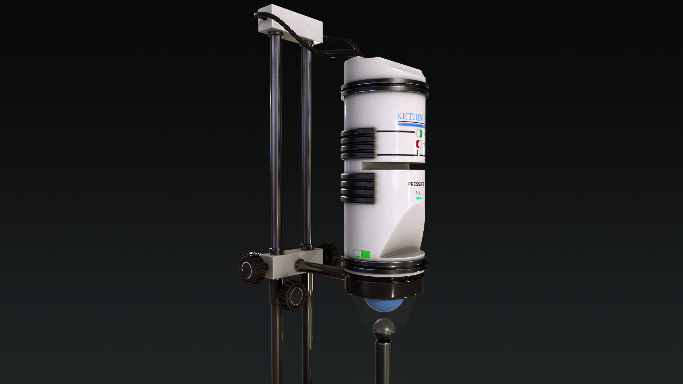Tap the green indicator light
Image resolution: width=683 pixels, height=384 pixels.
click(419, 134)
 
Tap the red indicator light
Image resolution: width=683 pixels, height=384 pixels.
click(419, 144)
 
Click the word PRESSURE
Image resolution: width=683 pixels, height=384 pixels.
click(415, 184)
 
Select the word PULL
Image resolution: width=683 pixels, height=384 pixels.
click(419, 193)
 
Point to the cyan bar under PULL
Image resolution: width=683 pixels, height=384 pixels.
click(419, 198)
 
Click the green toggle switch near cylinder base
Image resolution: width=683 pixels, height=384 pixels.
click(361, 254)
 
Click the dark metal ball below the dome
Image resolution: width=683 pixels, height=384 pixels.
click(383, 329)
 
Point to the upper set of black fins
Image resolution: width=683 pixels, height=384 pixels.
click(358, 143)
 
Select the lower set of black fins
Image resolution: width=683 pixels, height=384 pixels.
click(358, 188)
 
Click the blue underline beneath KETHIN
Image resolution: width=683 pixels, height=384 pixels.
click(411, 124)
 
